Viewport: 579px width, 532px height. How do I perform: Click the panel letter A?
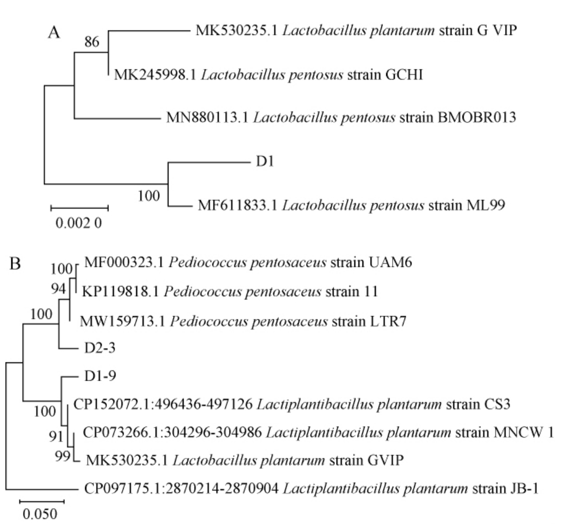(x=53, y=34)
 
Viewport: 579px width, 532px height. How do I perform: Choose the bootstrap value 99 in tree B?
(x=63, y=457)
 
